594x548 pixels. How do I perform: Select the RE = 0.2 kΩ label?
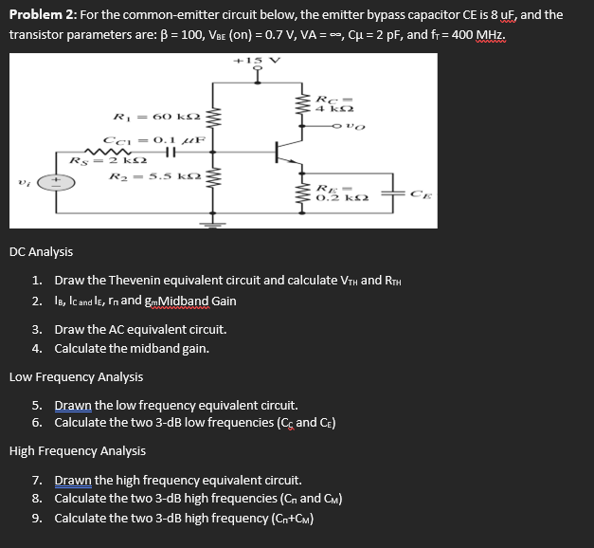coord(338,194)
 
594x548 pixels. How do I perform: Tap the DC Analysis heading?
coord(41,252)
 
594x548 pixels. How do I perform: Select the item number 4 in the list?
coord(36,348)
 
